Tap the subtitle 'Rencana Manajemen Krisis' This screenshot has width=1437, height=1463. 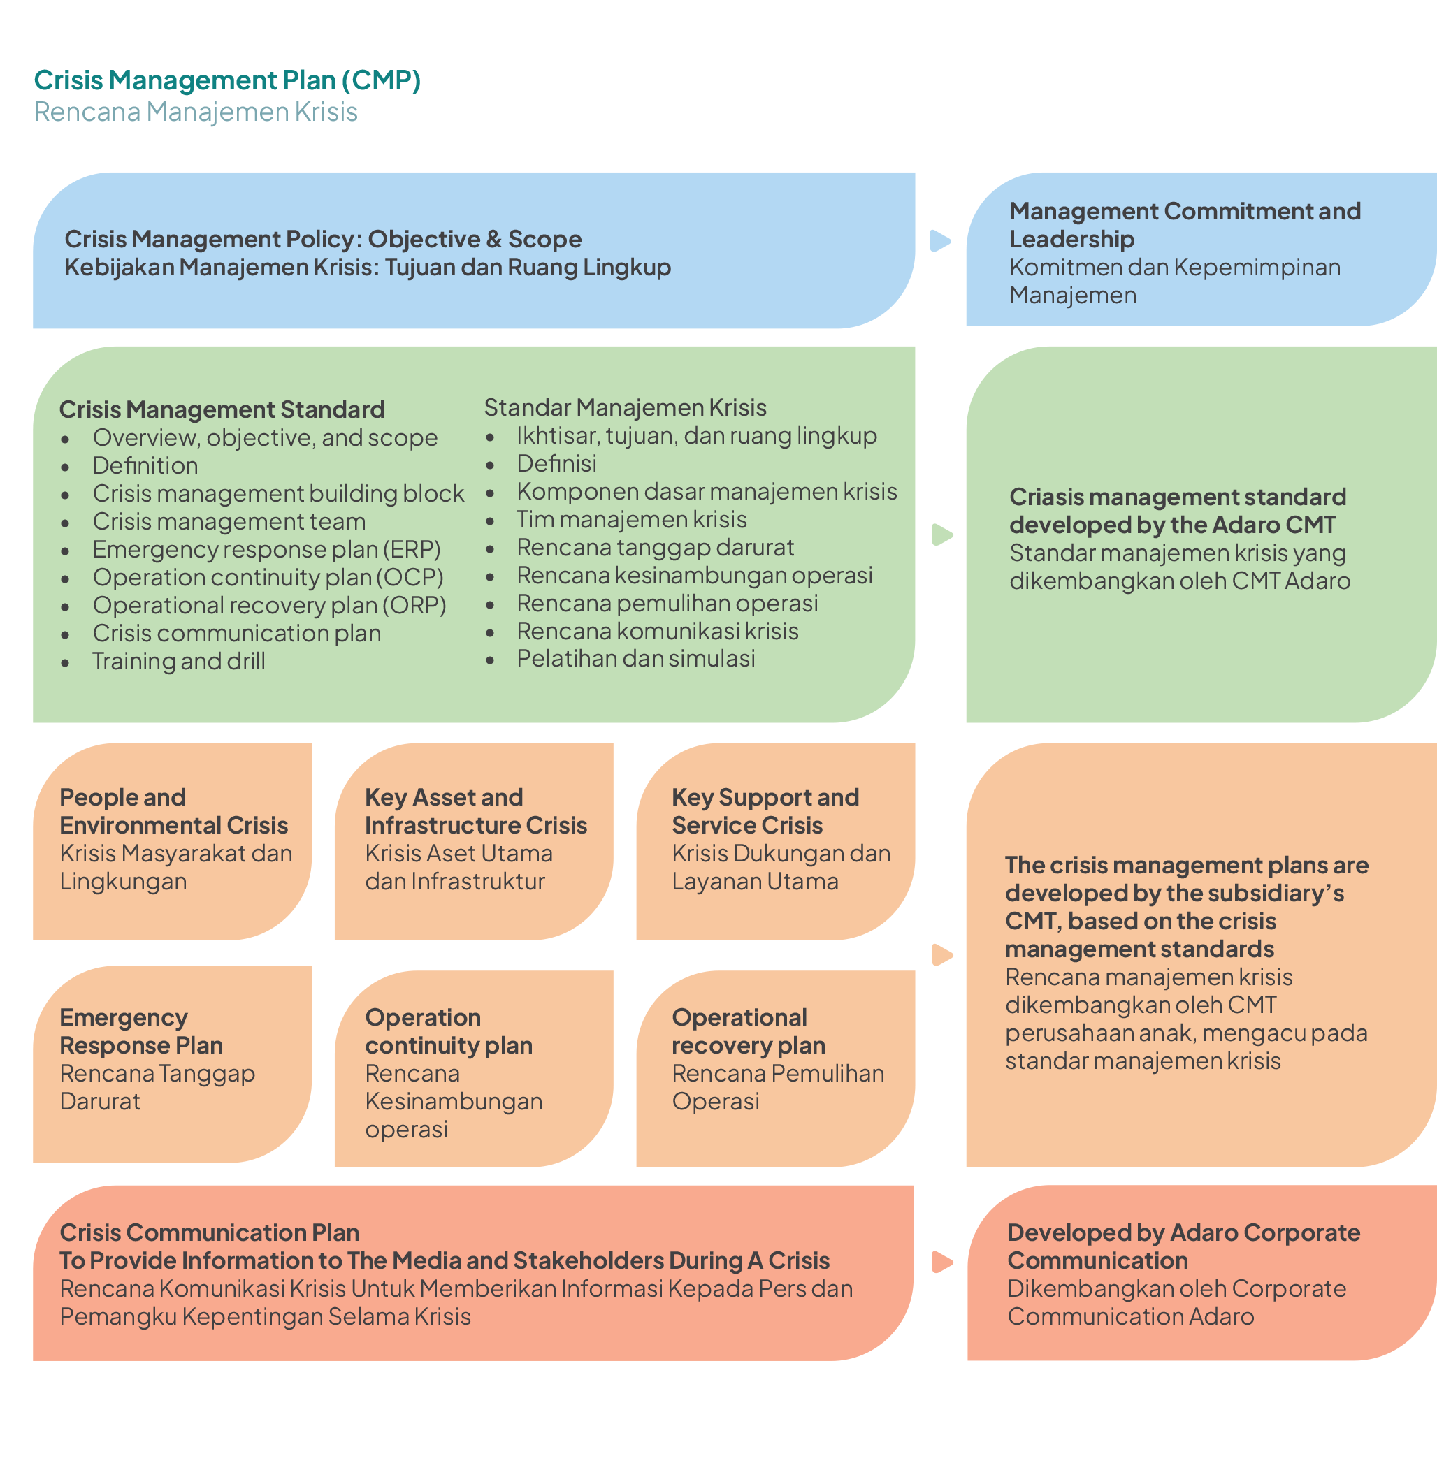[196, 112]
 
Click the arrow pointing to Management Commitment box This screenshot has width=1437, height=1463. [939, 241]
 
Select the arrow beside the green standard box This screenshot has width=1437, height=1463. [942, 534]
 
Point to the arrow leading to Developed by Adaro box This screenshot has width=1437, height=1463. [942, 1262]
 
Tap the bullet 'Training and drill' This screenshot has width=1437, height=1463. [179, 661]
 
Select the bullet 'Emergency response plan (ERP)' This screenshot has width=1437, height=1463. [266, 549]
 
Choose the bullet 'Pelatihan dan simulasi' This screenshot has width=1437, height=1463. [635, 659]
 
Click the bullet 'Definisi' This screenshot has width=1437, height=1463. [556, 463]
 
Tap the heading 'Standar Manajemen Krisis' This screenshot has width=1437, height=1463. [625, 407]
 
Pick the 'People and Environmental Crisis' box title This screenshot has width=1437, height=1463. [173, 811]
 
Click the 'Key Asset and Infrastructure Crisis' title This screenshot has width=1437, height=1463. [475, 811]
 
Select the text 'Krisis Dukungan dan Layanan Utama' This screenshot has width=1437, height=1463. [781, 867]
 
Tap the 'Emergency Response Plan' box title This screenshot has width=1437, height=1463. [141, 1031]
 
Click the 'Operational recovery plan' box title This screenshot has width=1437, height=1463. [748, 1031]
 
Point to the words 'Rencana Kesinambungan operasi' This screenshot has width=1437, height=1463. [453, 1101]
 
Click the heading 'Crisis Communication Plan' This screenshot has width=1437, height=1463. [209, 1232]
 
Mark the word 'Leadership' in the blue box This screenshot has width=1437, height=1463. [1071, 239]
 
